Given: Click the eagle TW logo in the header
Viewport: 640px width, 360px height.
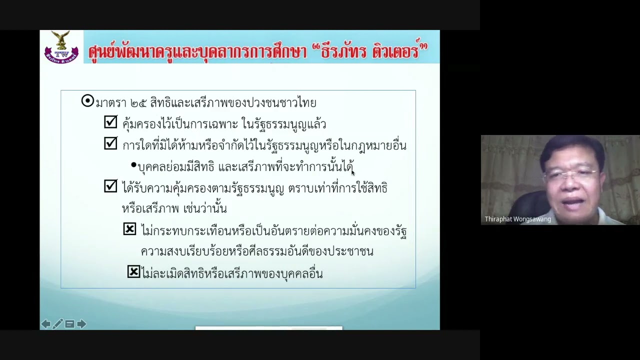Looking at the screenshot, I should [61, 47].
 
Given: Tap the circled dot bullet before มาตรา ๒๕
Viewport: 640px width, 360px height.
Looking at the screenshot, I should [87, 101].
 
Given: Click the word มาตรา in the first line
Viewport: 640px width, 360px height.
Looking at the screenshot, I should [110, 103].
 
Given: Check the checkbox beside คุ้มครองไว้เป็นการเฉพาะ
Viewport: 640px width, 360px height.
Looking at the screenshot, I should [110, 122].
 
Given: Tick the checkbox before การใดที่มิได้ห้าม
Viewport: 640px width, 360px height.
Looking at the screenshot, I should [110, 143].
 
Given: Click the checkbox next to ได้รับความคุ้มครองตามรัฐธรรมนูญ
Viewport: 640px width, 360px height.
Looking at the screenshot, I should [110, 186].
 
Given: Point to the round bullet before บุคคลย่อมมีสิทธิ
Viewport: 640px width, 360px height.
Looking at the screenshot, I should [133, 165].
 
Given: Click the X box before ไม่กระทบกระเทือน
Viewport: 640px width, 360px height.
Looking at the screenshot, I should [129, 229].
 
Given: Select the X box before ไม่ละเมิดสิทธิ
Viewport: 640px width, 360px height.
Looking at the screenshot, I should [133, 271].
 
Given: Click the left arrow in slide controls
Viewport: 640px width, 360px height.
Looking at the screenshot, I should [45, 324].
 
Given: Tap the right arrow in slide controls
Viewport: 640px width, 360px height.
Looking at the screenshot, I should [81, 324].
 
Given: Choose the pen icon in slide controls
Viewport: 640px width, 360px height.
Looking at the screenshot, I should [57, 324].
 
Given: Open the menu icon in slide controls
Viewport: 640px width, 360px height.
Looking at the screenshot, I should [69, 324].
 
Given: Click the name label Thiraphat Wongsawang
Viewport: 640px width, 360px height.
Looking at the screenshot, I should [517, 219].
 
